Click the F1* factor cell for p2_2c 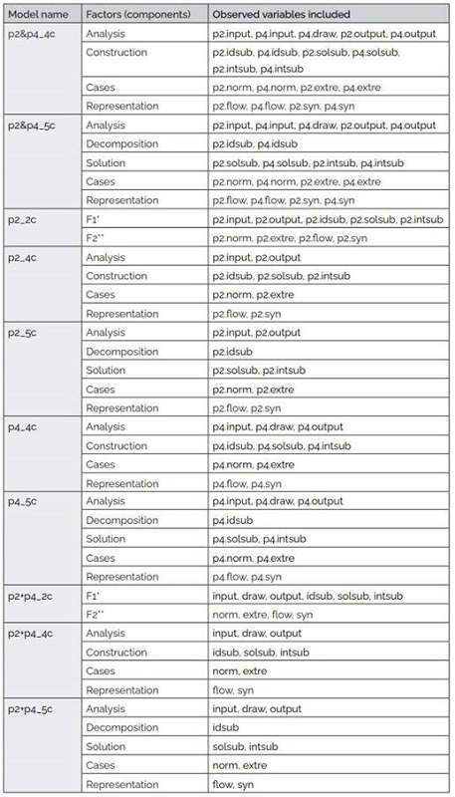[96, 218]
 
